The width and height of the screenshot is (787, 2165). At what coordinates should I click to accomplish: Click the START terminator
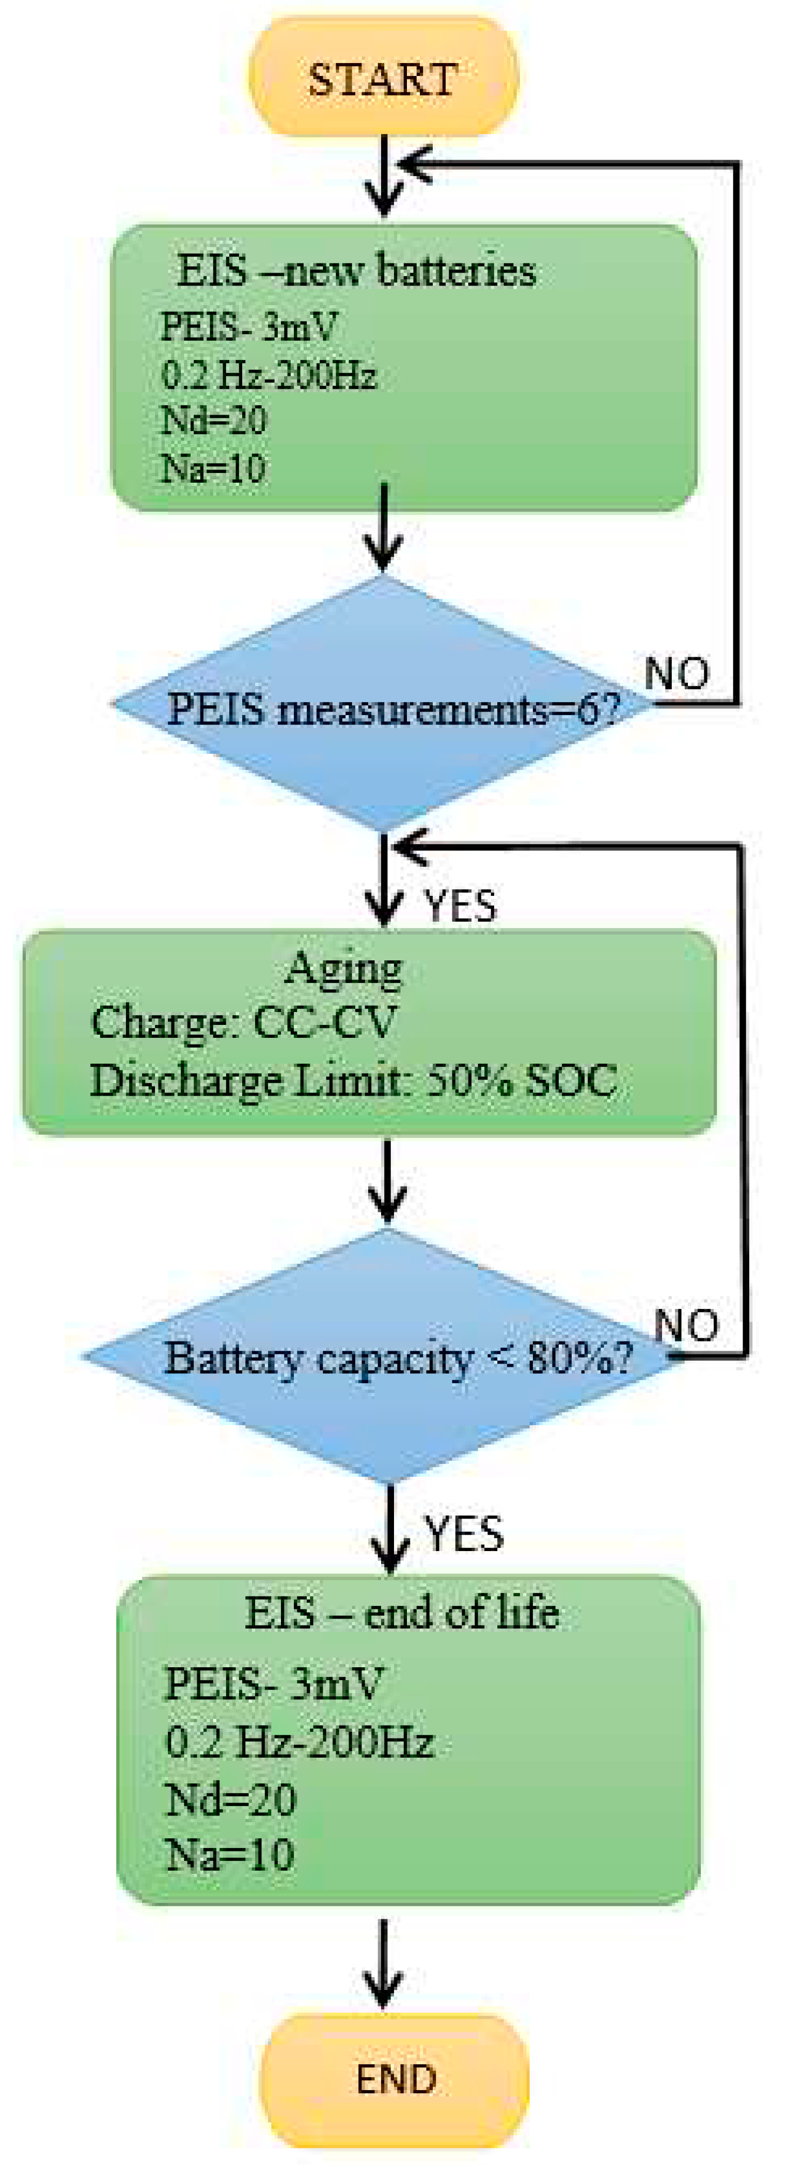point(383,77)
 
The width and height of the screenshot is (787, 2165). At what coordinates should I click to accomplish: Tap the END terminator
point(395,2078)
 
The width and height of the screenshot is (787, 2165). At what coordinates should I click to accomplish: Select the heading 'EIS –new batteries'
point(356,271)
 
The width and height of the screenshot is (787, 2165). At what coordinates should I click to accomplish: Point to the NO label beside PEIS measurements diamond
point(677,672)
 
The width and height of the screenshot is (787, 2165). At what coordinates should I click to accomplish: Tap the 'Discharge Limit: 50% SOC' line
point(353,1081)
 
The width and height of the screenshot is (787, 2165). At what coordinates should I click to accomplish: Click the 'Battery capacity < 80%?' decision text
point(398,1357)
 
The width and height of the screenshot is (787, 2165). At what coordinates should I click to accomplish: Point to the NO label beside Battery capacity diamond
point(687,1325)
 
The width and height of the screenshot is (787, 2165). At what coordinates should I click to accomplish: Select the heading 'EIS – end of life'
point(402,1612)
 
